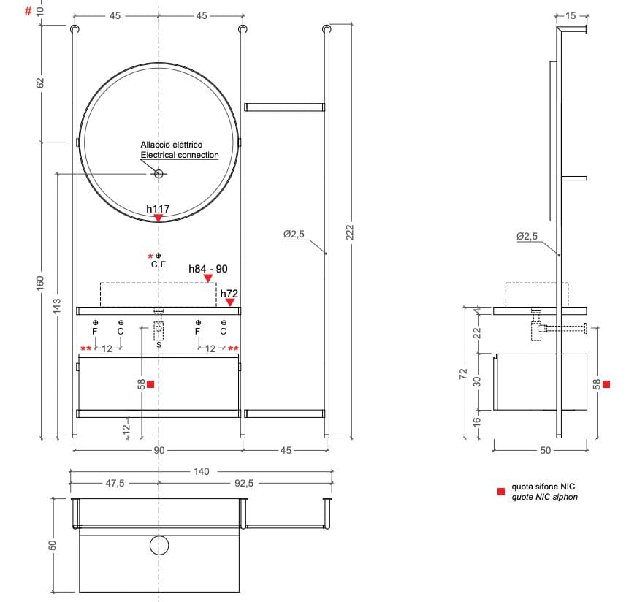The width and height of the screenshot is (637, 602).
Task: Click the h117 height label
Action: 158,209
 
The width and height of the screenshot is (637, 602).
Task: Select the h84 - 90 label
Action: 208,269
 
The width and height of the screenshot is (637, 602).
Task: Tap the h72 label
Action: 230,293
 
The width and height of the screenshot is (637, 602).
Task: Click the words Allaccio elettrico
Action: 171,145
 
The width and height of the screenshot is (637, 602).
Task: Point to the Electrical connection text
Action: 180,155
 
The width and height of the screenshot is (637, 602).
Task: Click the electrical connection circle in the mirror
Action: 159,173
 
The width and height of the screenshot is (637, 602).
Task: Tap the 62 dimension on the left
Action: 41,83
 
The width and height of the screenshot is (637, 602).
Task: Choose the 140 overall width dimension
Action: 201,472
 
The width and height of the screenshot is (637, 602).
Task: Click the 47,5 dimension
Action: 114,483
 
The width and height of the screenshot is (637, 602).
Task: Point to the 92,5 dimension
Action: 245,483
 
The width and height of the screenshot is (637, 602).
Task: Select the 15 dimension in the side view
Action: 571,15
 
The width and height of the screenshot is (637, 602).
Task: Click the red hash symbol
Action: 28,11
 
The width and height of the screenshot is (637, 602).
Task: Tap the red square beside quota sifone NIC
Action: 500,492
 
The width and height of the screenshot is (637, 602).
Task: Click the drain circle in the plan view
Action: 159,545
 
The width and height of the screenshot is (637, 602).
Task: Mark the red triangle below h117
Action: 158,218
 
